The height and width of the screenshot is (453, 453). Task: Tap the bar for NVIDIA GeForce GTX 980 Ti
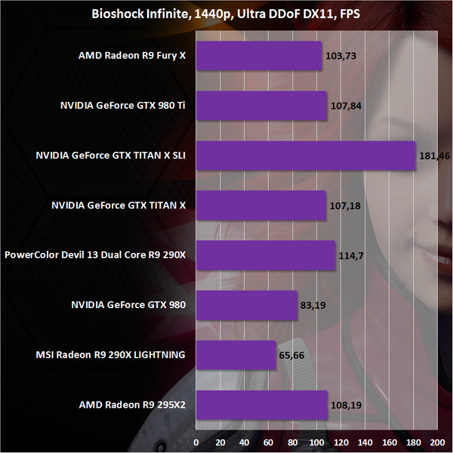point(261,106)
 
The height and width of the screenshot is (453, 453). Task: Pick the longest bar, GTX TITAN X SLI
point(306,156)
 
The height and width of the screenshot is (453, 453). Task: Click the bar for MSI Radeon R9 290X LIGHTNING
point(236,355)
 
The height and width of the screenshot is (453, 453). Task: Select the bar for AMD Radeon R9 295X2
point(261,405)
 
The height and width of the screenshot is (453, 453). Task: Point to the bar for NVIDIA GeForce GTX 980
point(247,305)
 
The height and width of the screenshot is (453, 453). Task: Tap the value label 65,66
point(293,356)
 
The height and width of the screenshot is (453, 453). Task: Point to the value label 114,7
point(350,256)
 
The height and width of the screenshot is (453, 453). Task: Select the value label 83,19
point(314,306)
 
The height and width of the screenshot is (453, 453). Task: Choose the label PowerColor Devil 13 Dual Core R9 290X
point(95,255)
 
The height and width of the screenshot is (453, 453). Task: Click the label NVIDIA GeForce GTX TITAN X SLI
point(110,156)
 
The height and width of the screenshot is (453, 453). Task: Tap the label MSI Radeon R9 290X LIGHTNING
point(110,355)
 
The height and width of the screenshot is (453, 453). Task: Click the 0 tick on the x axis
point(196,441)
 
